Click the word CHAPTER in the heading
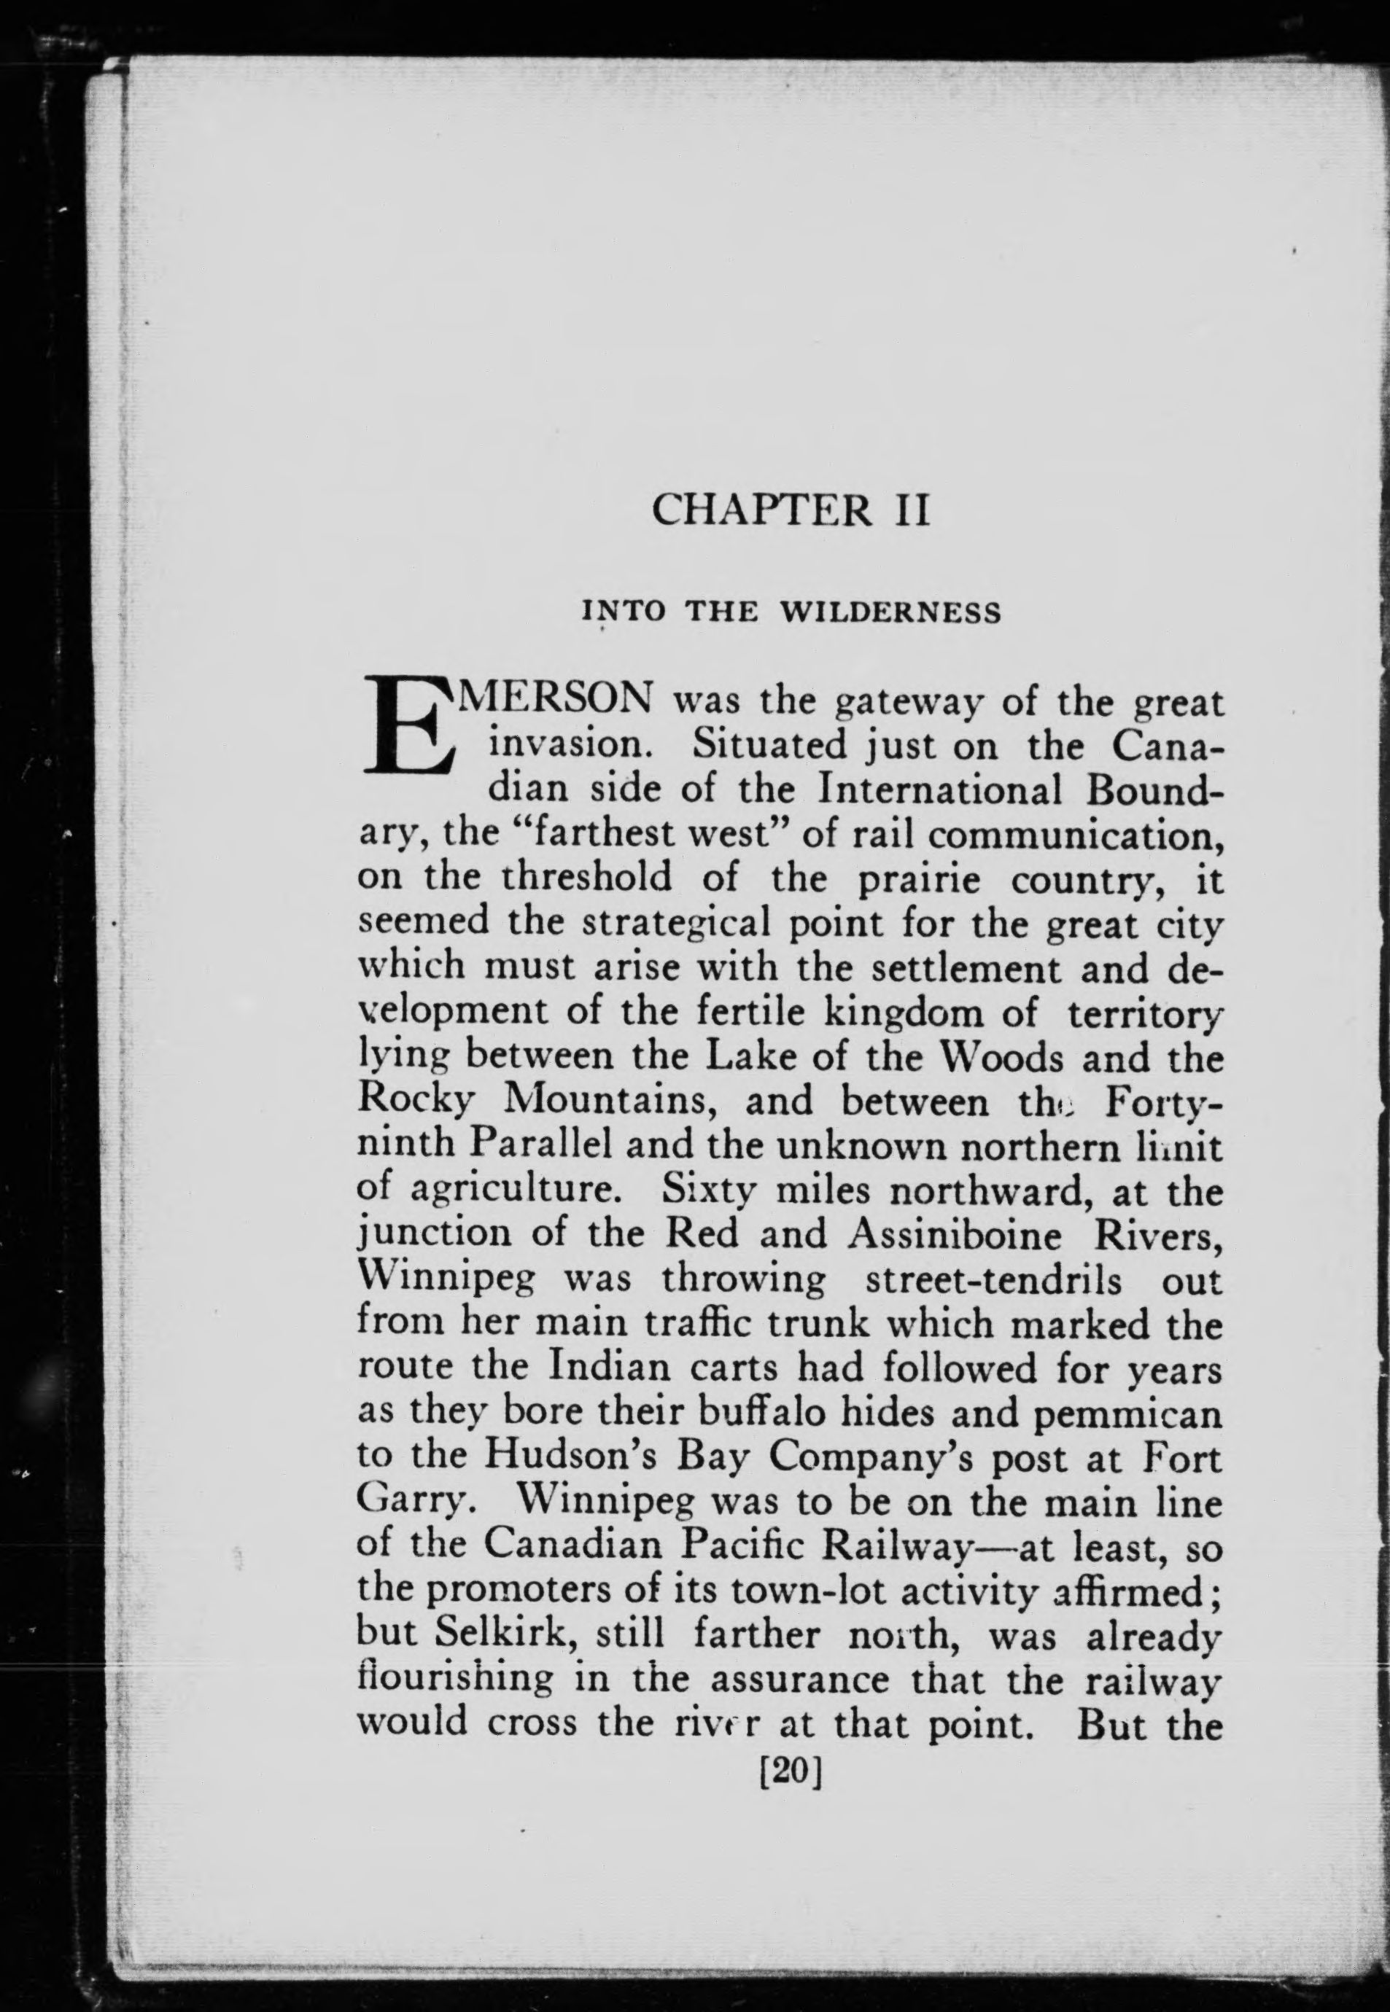click(x=761, y=510)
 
